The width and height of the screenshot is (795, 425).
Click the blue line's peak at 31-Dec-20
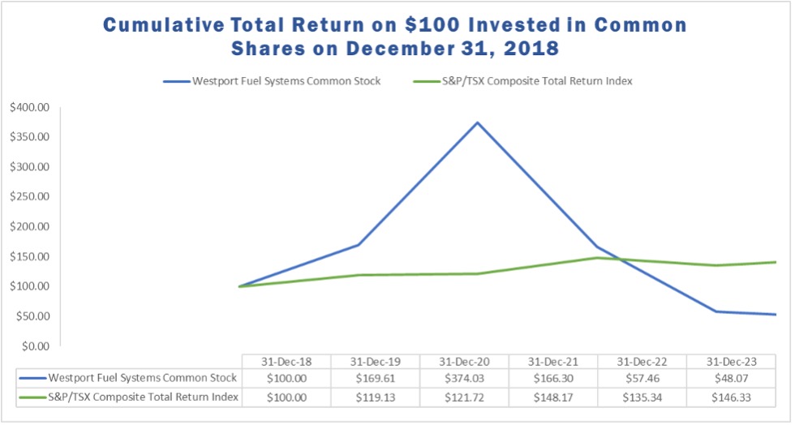pos(477,122)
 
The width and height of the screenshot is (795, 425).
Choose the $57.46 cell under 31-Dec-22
pos(641,378)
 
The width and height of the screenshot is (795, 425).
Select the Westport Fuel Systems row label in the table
pos(142,378)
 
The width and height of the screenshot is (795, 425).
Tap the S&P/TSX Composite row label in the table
pos(142,397)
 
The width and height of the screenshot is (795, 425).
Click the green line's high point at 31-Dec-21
pos(596,258)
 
